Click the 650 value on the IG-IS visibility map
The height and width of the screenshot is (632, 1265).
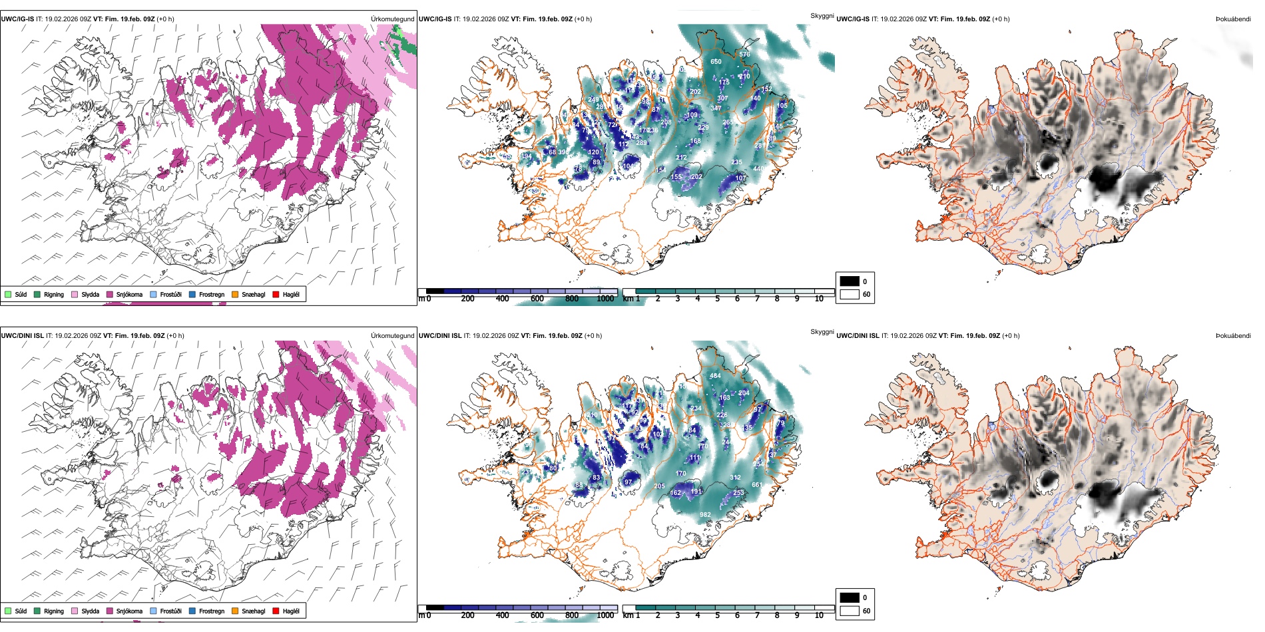[x=716, y=62]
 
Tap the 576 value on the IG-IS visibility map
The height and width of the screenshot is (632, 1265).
[x=744, y=55]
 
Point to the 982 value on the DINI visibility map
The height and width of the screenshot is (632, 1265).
[x=705, y=515]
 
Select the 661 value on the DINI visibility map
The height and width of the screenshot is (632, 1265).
[x=757, y=485]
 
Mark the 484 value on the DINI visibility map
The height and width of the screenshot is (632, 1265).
[x=715, y=376]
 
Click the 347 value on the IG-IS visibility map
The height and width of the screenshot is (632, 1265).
[x=716, y=108]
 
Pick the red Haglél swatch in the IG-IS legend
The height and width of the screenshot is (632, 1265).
[x=276, y=294]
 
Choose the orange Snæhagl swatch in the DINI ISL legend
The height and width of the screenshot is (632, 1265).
[x=235, y=611]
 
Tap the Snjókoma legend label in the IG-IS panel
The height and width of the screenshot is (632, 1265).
[x=129, y=294]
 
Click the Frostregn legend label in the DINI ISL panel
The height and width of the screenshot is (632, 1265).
[x=212, y=611]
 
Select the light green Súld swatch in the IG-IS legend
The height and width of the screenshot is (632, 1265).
[x=8, y=294]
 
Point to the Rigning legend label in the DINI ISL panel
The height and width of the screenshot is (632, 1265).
[x=54, y=611]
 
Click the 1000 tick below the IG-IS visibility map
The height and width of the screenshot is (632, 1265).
[x=605, y=299]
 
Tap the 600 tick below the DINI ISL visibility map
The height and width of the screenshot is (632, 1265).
[x=537, y=615]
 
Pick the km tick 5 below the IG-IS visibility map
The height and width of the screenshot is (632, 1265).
[x=718, y=299]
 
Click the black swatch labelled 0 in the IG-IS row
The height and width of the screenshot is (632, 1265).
[x=850, y=281]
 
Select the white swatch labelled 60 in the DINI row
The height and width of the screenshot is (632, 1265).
[x=850, y=610]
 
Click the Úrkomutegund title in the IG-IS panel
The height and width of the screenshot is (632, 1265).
[x=392, y=19]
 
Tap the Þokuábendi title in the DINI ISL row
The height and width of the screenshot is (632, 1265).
[x=1233, y=336]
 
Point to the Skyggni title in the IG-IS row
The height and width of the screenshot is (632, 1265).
[x=822, y=16]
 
